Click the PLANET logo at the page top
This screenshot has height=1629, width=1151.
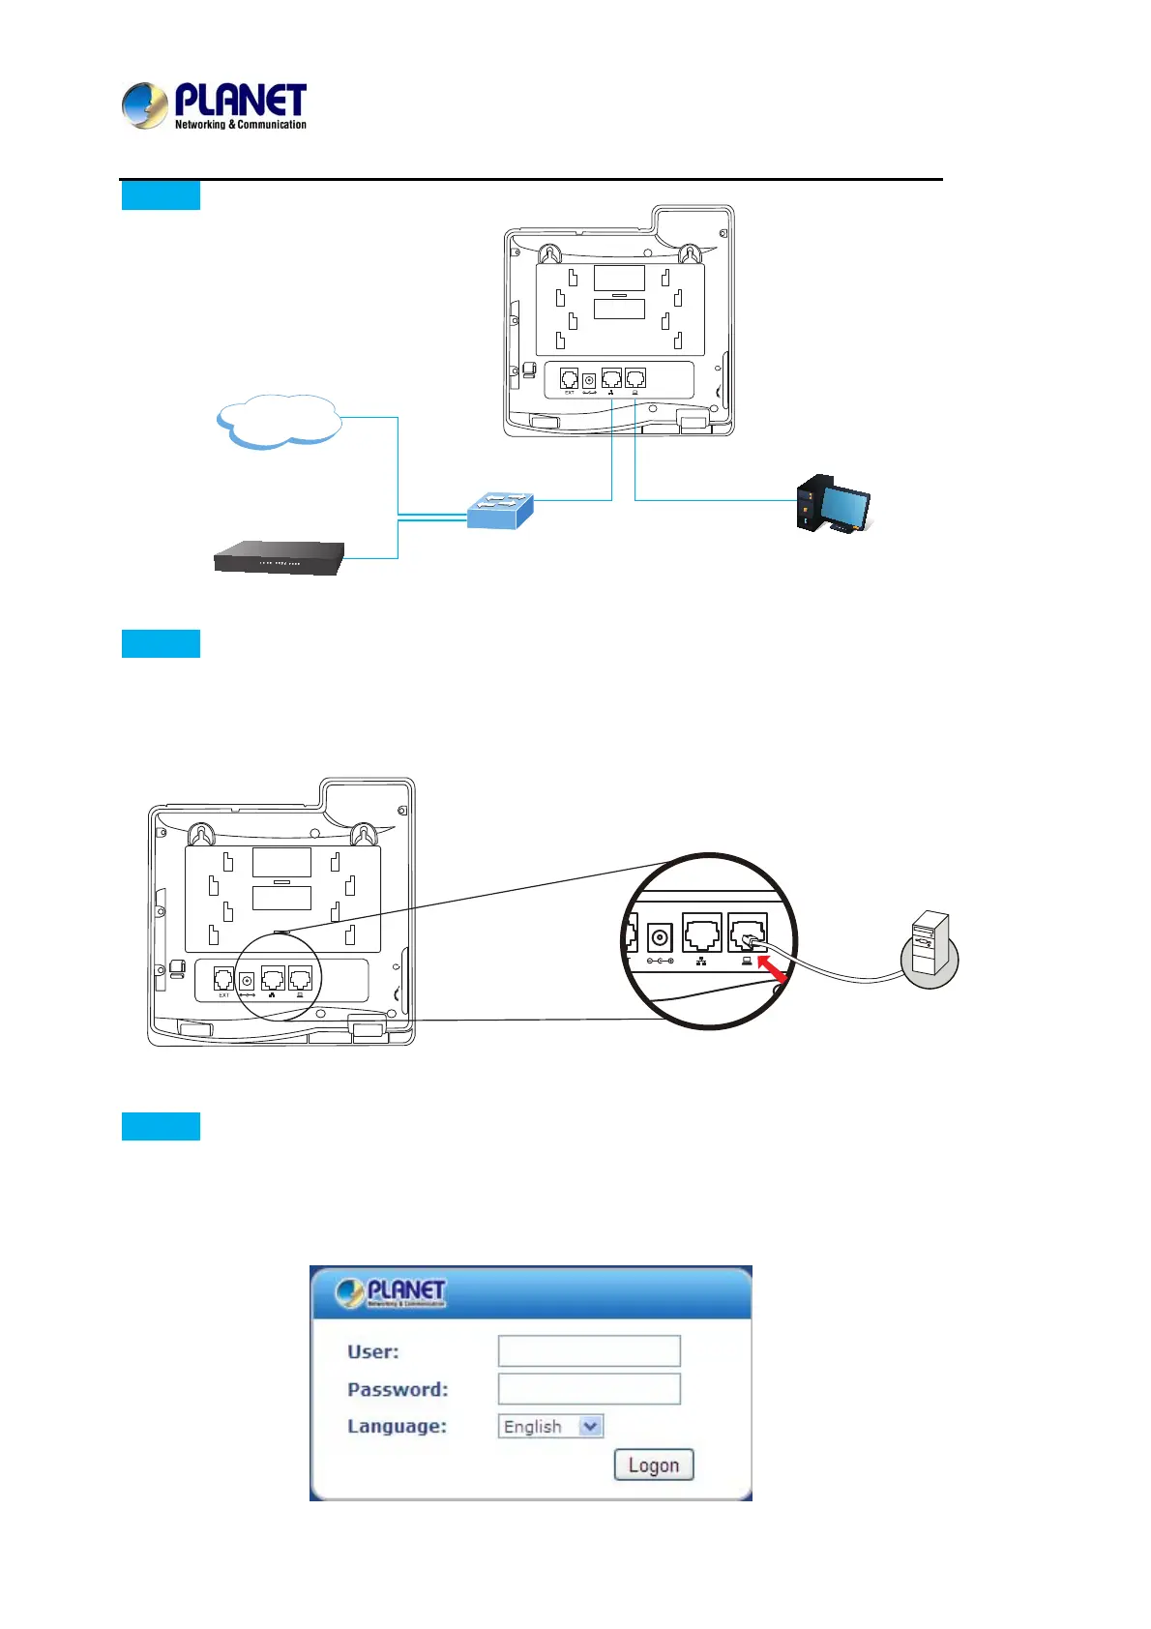(x=214, y=106)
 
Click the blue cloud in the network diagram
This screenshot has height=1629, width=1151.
(x=280, y=422)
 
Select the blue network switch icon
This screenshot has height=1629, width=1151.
(x=500, y=510)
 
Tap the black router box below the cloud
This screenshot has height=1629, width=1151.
(x=279, y=557)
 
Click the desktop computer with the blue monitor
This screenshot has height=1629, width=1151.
(x=833, y=504)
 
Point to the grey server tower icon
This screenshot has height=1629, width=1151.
(x=930, y=948)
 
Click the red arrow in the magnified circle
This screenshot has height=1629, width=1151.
(x=773, y=968)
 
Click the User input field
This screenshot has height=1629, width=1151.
(x=589, y=1350)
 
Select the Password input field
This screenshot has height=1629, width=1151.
(x=589, y=1389)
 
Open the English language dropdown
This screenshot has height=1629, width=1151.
(x=550, y=1426)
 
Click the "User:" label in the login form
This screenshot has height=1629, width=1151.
(x=372, y=1352)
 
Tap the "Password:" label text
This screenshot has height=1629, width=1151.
(x=398, y=1390)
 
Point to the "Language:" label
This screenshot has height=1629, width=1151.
(x=397, y=1427)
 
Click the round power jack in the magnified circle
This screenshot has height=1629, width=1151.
(x=660, y=937)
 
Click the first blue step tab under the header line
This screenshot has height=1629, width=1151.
(x=161, y=195)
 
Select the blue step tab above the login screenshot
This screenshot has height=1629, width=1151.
(x=161, y=1126)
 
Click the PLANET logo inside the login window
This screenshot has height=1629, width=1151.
(x=391, y=1292)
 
